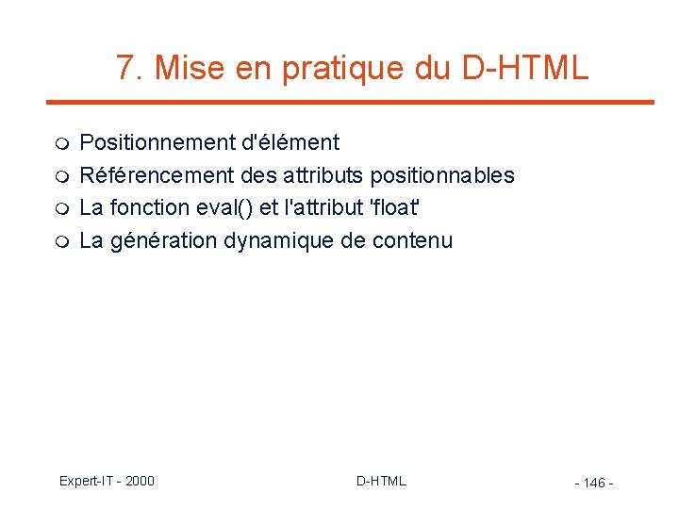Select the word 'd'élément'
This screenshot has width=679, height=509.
pos(290,143)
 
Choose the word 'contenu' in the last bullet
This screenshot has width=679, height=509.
pos(412,240)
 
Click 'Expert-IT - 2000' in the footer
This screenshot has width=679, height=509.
pos(107,481)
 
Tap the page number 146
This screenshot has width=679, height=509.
pos(594,483)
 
